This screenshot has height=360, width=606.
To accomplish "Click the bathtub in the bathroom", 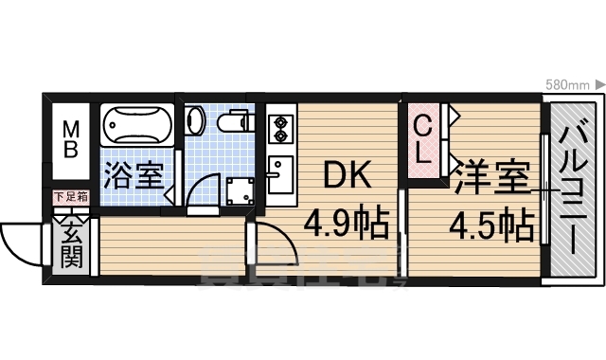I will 136,125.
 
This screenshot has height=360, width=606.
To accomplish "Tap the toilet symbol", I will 229,121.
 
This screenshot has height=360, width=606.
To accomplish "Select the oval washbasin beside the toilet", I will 195,120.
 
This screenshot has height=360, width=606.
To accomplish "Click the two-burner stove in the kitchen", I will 279,129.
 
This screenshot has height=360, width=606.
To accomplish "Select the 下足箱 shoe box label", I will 71,198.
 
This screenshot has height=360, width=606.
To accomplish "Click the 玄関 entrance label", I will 72,243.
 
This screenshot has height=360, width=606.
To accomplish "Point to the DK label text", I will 345,176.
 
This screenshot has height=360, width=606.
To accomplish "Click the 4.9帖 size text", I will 347,225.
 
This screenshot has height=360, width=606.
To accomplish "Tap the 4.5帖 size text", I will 490,225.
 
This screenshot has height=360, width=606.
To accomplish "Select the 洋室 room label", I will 490,179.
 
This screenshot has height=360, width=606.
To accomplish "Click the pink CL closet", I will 425,142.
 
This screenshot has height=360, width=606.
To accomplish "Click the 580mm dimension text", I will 568,85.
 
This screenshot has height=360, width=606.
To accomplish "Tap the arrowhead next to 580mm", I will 599,85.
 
